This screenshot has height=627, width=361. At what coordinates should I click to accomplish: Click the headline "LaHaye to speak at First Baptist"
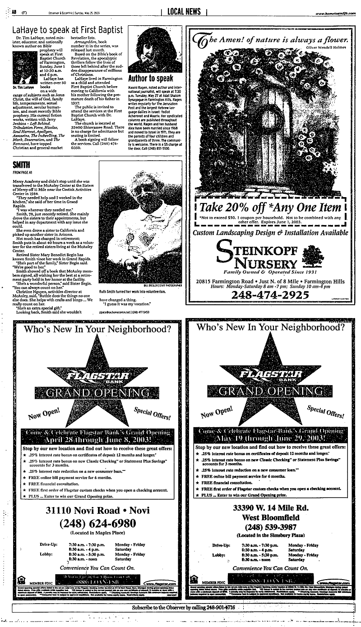coord(67,30)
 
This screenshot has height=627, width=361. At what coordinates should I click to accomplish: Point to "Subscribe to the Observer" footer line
coord(190,608)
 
